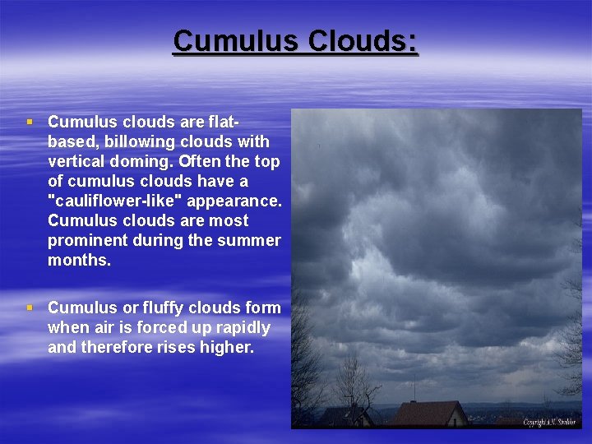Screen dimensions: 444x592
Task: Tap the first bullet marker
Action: [30, 122]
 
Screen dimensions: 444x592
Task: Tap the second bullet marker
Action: [30, 308]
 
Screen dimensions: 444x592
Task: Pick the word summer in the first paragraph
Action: [250, 240]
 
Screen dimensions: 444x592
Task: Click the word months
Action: [79, 260]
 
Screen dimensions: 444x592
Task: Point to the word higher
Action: [227, 347]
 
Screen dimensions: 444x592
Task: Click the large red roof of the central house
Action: [428, 411]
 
